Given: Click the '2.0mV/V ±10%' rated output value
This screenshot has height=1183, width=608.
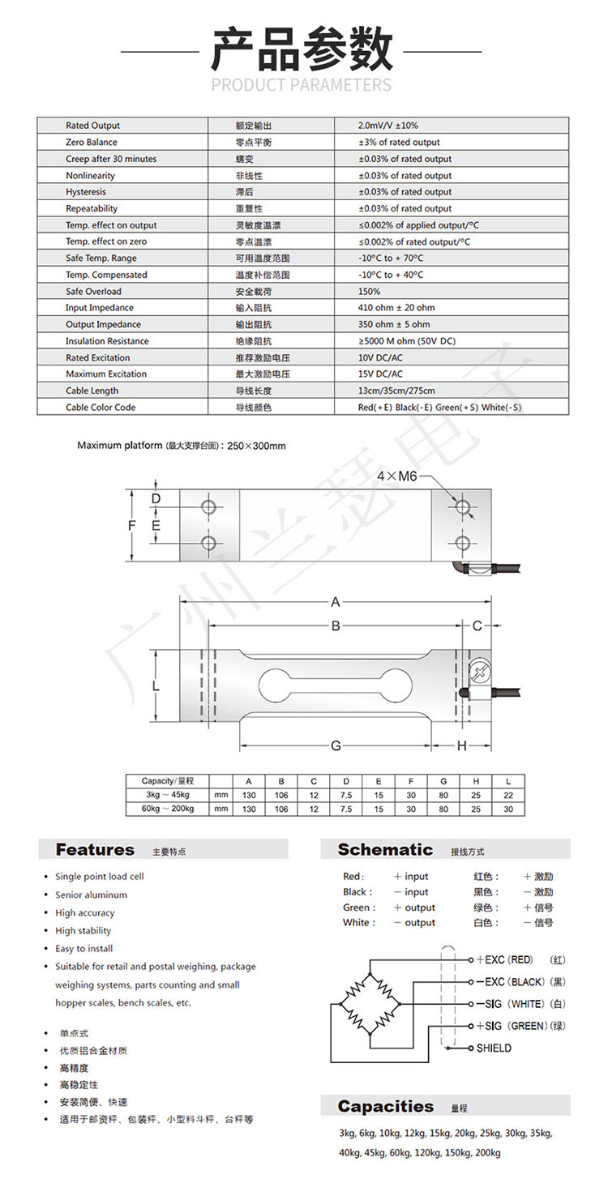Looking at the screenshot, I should [387, 126].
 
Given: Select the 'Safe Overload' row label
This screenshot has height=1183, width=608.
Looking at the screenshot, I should [93, 291].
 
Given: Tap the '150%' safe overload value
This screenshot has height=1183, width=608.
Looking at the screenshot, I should [369, 291].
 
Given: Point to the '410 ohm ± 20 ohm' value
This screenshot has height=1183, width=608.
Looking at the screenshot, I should [396, 308].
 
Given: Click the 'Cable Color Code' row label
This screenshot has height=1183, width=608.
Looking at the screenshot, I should [101, 408].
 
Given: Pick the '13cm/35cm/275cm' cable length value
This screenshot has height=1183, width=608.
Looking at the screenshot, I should [396, 391].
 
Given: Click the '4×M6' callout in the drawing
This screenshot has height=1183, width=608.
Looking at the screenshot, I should [396, 477].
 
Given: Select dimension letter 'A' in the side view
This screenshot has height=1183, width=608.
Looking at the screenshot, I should [336, 602].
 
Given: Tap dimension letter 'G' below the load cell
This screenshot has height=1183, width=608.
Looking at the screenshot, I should [336, 746].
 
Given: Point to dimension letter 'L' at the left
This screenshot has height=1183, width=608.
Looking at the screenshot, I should [156, 686].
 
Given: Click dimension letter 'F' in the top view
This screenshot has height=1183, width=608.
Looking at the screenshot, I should [132, 525].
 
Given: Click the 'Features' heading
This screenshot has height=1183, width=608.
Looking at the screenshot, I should [95, 849].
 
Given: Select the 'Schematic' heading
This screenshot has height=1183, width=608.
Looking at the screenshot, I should [385, 849].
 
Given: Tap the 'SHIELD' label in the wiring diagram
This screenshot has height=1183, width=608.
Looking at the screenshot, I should [494, 1048].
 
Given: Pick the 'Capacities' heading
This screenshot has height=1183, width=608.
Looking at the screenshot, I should [386, 1106].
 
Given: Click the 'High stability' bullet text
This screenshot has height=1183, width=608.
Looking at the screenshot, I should [83, 930].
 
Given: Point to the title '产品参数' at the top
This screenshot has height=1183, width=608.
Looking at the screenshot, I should [302, 50].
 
